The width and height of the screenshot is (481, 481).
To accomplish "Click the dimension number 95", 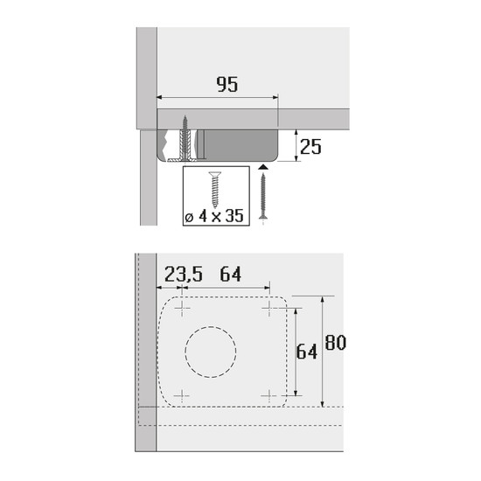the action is click(x=227, y=84).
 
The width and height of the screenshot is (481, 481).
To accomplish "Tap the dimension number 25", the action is click(x=310, y=147).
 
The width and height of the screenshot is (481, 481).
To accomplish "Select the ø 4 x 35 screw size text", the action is click(x=214, y=216).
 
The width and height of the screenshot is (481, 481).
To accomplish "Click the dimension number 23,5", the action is click(x=184, y=274).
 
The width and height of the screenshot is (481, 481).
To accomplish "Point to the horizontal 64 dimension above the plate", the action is click(x=231, y=274).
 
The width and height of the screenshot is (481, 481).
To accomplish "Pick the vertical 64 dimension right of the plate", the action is click(x=307, y=352).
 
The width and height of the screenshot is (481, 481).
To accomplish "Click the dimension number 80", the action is click(x=336, y=342).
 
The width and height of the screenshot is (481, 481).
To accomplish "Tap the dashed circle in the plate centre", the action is click(x=211, y=352).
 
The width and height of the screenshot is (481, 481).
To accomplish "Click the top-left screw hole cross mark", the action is click(x=182, y=308).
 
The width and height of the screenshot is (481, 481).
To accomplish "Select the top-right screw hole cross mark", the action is click(x=269, y=308).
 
